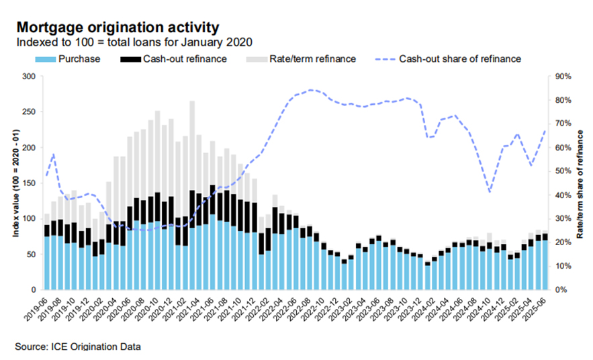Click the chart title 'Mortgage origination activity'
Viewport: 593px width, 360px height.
117,28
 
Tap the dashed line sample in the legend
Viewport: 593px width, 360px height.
379,59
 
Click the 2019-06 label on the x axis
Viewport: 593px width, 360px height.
39,310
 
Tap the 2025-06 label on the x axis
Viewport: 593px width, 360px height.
538,310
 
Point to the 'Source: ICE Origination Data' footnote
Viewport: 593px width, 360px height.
78,347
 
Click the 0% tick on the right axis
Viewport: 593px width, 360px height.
561,289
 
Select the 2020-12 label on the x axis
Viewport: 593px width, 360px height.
165,310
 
